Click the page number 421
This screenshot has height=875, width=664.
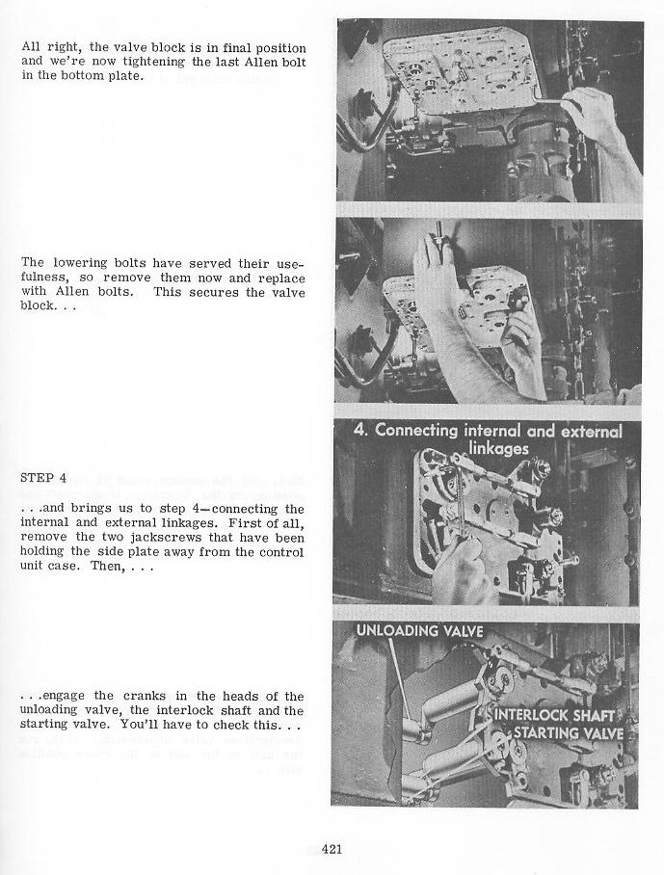(x=333, y=849)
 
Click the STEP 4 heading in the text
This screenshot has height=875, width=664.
(x=42, y=477)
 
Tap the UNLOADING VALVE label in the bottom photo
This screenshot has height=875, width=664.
(x=419, y=632)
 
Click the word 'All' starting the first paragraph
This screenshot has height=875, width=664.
(x=31, y=47)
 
